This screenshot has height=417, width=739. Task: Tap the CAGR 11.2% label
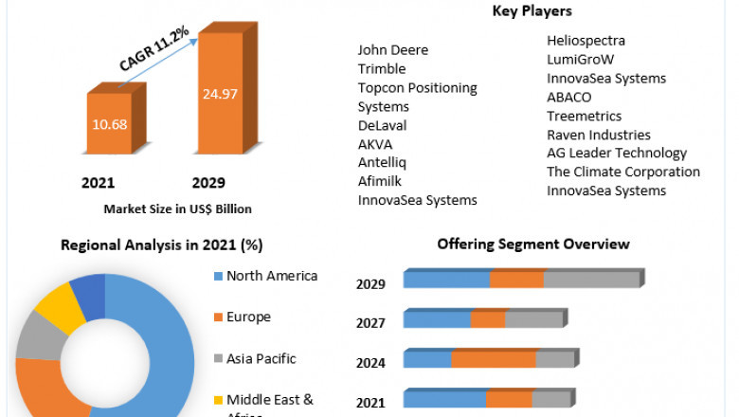[x=153, y=48]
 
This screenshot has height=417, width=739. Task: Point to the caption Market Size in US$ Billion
[x=178, y=208]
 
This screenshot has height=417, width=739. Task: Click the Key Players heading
[x=532, y=11]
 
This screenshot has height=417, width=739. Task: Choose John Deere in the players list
[x=392, y=49]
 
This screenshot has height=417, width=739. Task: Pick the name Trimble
[x=382, y=68]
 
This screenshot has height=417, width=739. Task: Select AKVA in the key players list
[x=375, y=144]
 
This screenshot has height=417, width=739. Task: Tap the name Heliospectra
[x=586, y=40]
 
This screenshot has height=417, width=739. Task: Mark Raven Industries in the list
[x=598, y=135]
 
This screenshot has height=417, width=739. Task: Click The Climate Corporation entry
[x=622, y=172]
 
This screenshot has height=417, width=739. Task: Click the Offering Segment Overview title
[x=532, y=244]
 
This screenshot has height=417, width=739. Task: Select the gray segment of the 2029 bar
[x=591, y=280]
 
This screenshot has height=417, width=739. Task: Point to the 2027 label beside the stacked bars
[x=370, y=323]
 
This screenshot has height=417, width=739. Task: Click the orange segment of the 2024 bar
[x=493, y=359]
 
